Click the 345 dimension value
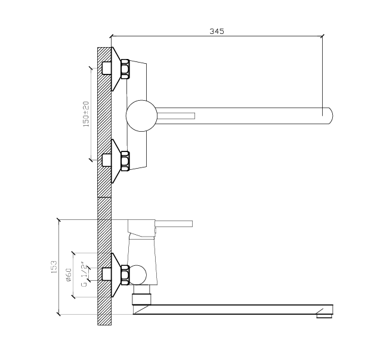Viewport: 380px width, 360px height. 217,31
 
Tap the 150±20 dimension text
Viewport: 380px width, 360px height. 86,114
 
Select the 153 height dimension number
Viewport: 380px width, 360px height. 54,267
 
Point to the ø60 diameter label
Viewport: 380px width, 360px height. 69,275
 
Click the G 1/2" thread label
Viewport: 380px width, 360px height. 84,274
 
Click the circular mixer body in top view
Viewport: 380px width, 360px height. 141,116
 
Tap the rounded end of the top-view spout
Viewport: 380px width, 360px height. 331,116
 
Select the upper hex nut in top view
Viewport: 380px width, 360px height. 125,69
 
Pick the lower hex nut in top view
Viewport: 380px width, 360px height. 125,161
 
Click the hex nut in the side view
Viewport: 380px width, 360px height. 125,275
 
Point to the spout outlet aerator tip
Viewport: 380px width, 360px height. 325,316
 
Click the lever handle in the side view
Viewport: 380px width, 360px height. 174,224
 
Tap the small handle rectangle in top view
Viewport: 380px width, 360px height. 176,116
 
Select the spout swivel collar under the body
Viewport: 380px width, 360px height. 141,299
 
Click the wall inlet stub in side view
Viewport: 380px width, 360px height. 107,274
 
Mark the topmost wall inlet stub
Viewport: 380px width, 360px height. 107,68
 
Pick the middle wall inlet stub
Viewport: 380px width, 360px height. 107,160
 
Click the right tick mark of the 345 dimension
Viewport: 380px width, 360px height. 322,36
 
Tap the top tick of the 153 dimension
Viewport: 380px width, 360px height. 58,220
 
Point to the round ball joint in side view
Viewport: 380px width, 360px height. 138,275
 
